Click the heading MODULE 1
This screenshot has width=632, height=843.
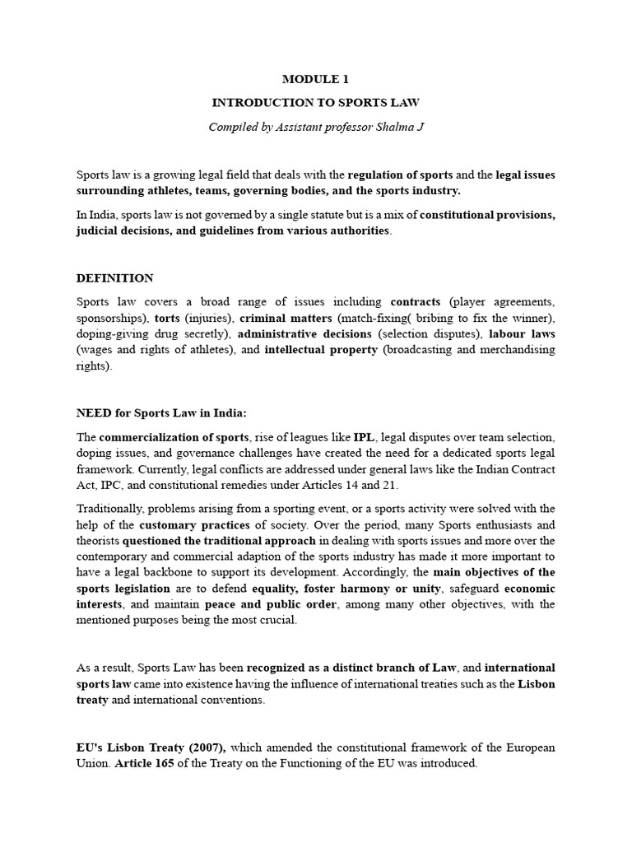pos(316,80)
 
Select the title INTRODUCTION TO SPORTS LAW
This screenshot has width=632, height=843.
pos(316,103)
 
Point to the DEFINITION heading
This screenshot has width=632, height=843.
pos(114,278)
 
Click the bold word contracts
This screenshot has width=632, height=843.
pos(416,302)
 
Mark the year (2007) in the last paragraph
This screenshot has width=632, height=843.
pos(195,748)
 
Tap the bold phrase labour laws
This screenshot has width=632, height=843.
pos(522,334)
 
